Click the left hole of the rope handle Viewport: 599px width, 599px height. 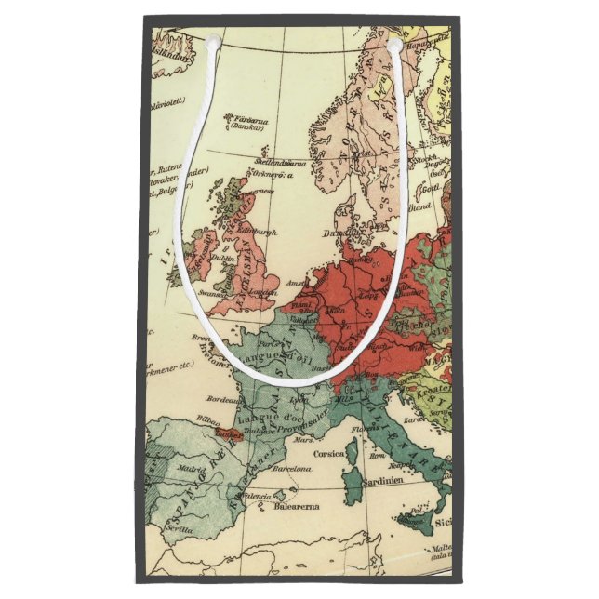pyautogui.click(x=212, y=43)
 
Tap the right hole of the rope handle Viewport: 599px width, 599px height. pyautogui.click(x=394, y=44)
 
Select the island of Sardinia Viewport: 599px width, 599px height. pyautogui.click(x=353, y=490)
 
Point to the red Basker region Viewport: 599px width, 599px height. pyautogui.click(x=226, y=433)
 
